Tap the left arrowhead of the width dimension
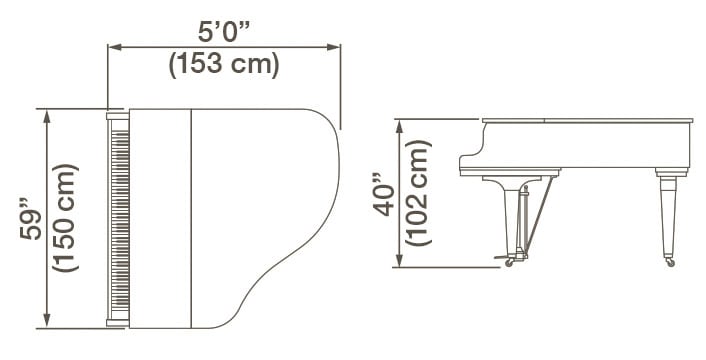tap(113, 46)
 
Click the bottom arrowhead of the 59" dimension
tap(46, 322)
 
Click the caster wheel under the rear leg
tap(669, 262)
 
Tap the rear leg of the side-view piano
tap(667, 215)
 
